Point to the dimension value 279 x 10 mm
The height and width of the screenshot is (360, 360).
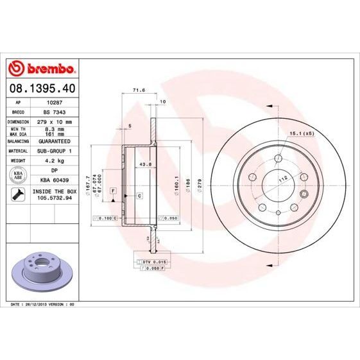[54, 121]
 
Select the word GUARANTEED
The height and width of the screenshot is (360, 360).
[55, 141]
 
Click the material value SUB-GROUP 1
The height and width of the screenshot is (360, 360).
[55, 151]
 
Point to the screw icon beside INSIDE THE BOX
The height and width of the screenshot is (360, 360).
[18, 194]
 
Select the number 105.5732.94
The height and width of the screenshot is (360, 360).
[55, 199]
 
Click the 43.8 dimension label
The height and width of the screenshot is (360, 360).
[145, 165]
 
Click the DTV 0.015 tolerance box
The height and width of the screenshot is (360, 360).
[155, 262]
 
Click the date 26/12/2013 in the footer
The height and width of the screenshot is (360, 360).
[37, 304]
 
